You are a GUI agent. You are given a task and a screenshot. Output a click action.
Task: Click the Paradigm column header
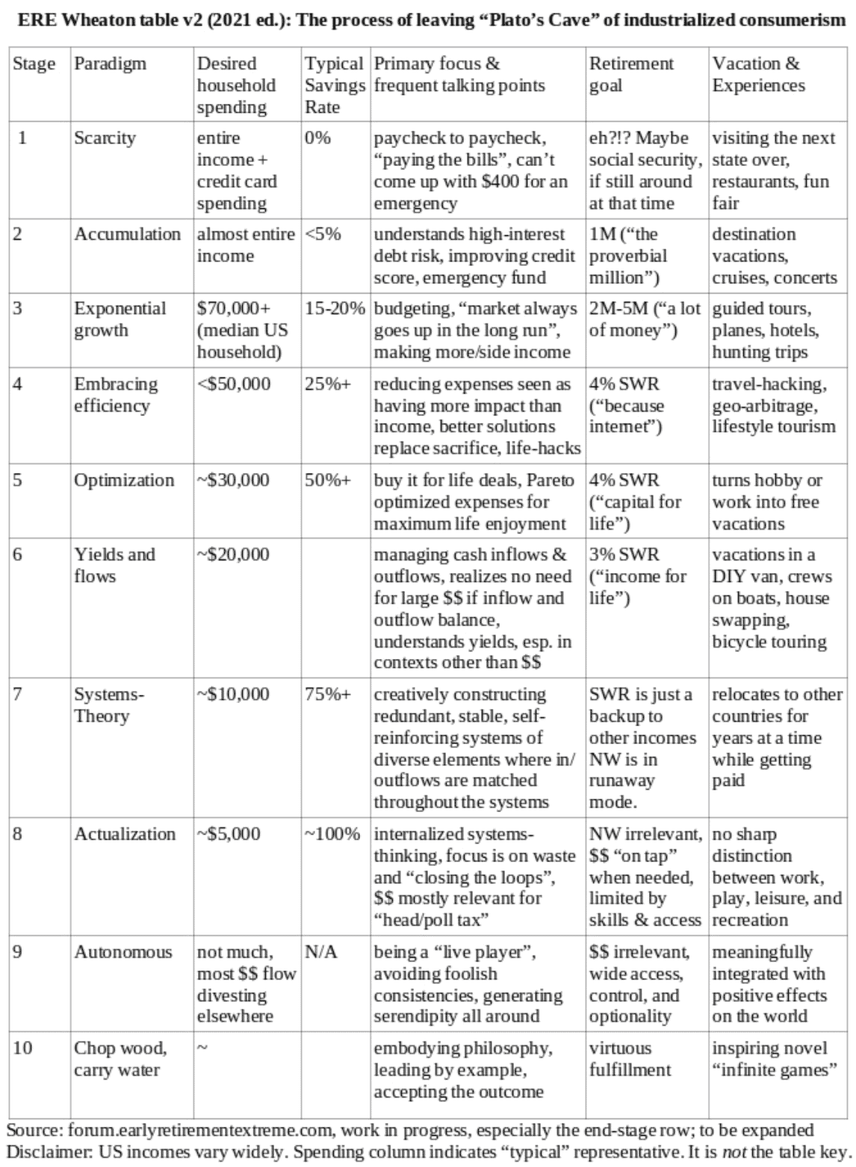(x=109, y=64)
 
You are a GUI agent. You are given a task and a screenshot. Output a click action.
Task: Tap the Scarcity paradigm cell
(x=105, y=139)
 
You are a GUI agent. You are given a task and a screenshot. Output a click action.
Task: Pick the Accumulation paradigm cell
(x=127, y=235)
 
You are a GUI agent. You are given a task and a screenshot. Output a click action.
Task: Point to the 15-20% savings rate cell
(x=335, y=309)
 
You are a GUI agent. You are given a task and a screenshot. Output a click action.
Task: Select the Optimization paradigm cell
(x=123, y=480)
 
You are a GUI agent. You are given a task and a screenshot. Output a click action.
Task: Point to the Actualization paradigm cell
(x=125, y=834)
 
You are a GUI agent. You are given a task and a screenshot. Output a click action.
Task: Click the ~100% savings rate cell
(x=332, y=834)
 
